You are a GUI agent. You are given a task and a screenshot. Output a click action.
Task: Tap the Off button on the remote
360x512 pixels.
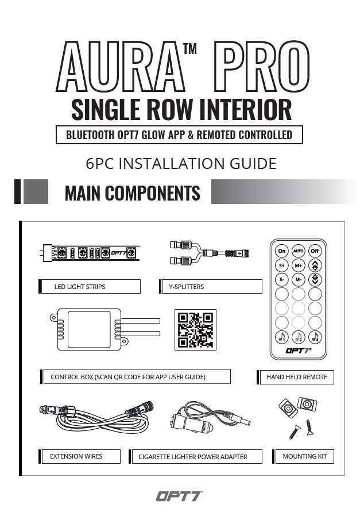coord(315,251)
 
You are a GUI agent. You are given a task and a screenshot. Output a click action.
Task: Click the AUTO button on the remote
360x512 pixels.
coord(298,251)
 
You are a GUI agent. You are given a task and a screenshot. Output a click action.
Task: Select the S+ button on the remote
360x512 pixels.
coord(282,265)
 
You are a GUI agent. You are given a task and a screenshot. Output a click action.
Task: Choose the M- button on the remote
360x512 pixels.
coord(298,280)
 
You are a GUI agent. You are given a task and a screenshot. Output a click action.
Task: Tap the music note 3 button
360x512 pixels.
coord(315,337)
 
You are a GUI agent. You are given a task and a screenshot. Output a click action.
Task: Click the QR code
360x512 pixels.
coord(195,330)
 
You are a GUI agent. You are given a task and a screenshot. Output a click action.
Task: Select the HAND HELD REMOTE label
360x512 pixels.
coord(297,377)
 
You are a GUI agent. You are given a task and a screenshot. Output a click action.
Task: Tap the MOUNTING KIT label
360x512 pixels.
coord(304,456)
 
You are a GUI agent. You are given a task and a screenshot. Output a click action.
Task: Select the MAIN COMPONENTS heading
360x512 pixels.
coord(133,193)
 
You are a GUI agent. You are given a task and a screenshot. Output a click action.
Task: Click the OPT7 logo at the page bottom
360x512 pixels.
coord(179,495)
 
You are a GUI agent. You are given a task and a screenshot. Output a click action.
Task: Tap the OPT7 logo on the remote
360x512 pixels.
coord(297,351)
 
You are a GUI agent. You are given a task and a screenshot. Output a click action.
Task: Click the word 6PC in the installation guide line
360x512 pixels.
coord(101,164)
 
